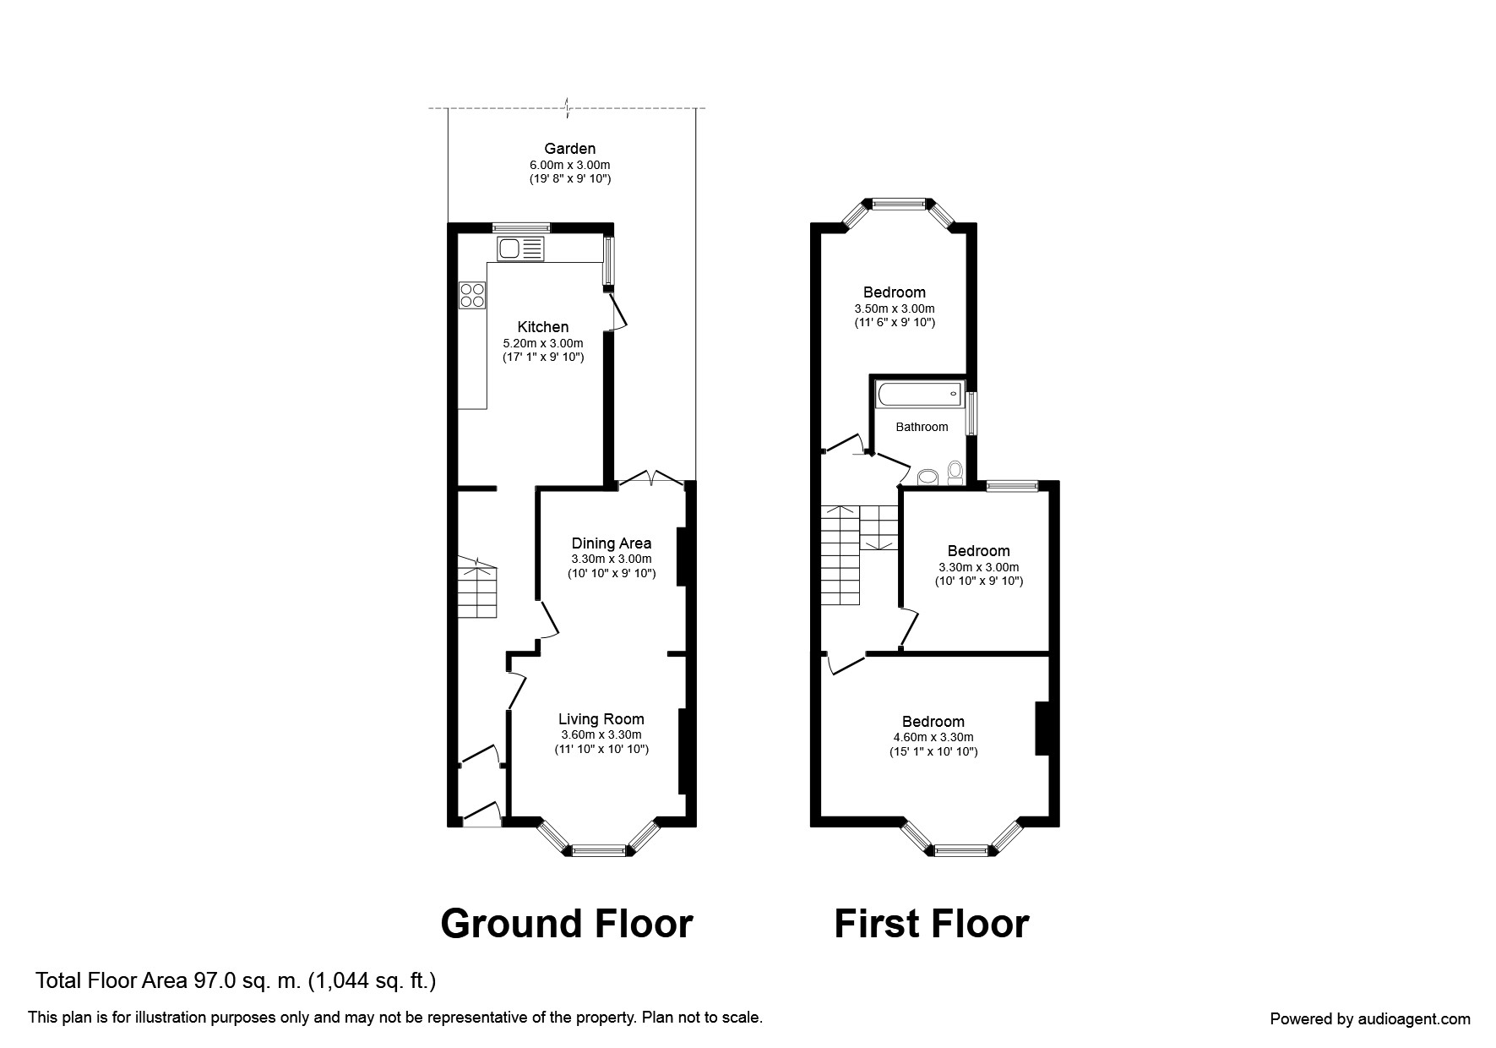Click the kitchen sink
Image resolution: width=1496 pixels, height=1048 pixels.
coord(521,248)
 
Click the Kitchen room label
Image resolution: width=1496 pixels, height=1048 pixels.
coord(543,327)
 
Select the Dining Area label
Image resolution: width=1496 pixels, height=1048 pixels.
coord(612,543)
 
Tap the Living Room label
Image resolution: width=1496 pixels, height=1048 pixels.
coord(601,719)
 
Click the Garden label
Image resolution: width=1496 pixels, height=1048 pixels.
coord(570,149)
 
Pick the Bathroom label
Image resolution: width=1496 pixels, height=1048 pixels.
coord(922,427)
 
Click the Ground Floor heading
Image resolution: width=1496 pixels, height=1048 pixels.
coord(567,924)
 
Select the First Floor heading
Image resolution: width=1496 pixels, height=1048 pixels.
coord(932,924)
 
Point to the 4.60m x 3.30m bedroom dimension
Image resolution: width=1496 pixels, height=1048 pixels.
coord(933,737)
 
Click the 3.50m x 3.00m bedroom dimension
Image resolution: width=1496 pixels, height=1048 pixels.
coord(895,308)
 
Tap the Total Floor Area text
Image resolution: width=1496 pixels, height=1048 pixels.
coord(236,981)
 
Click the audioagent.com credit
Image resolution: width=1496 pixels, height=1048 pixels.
coord(1370,1019)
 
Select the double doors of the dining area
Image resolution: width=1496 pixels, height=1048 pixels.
coord(651,479)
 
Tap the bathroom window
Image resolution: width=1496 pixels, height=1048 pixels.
coord(972,413)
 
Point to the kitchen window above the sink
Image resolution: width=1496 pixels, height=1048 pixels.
coord(521,227)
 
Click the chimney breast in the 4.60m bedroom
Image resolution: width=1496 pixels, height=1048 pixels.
coord(1042,728)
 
